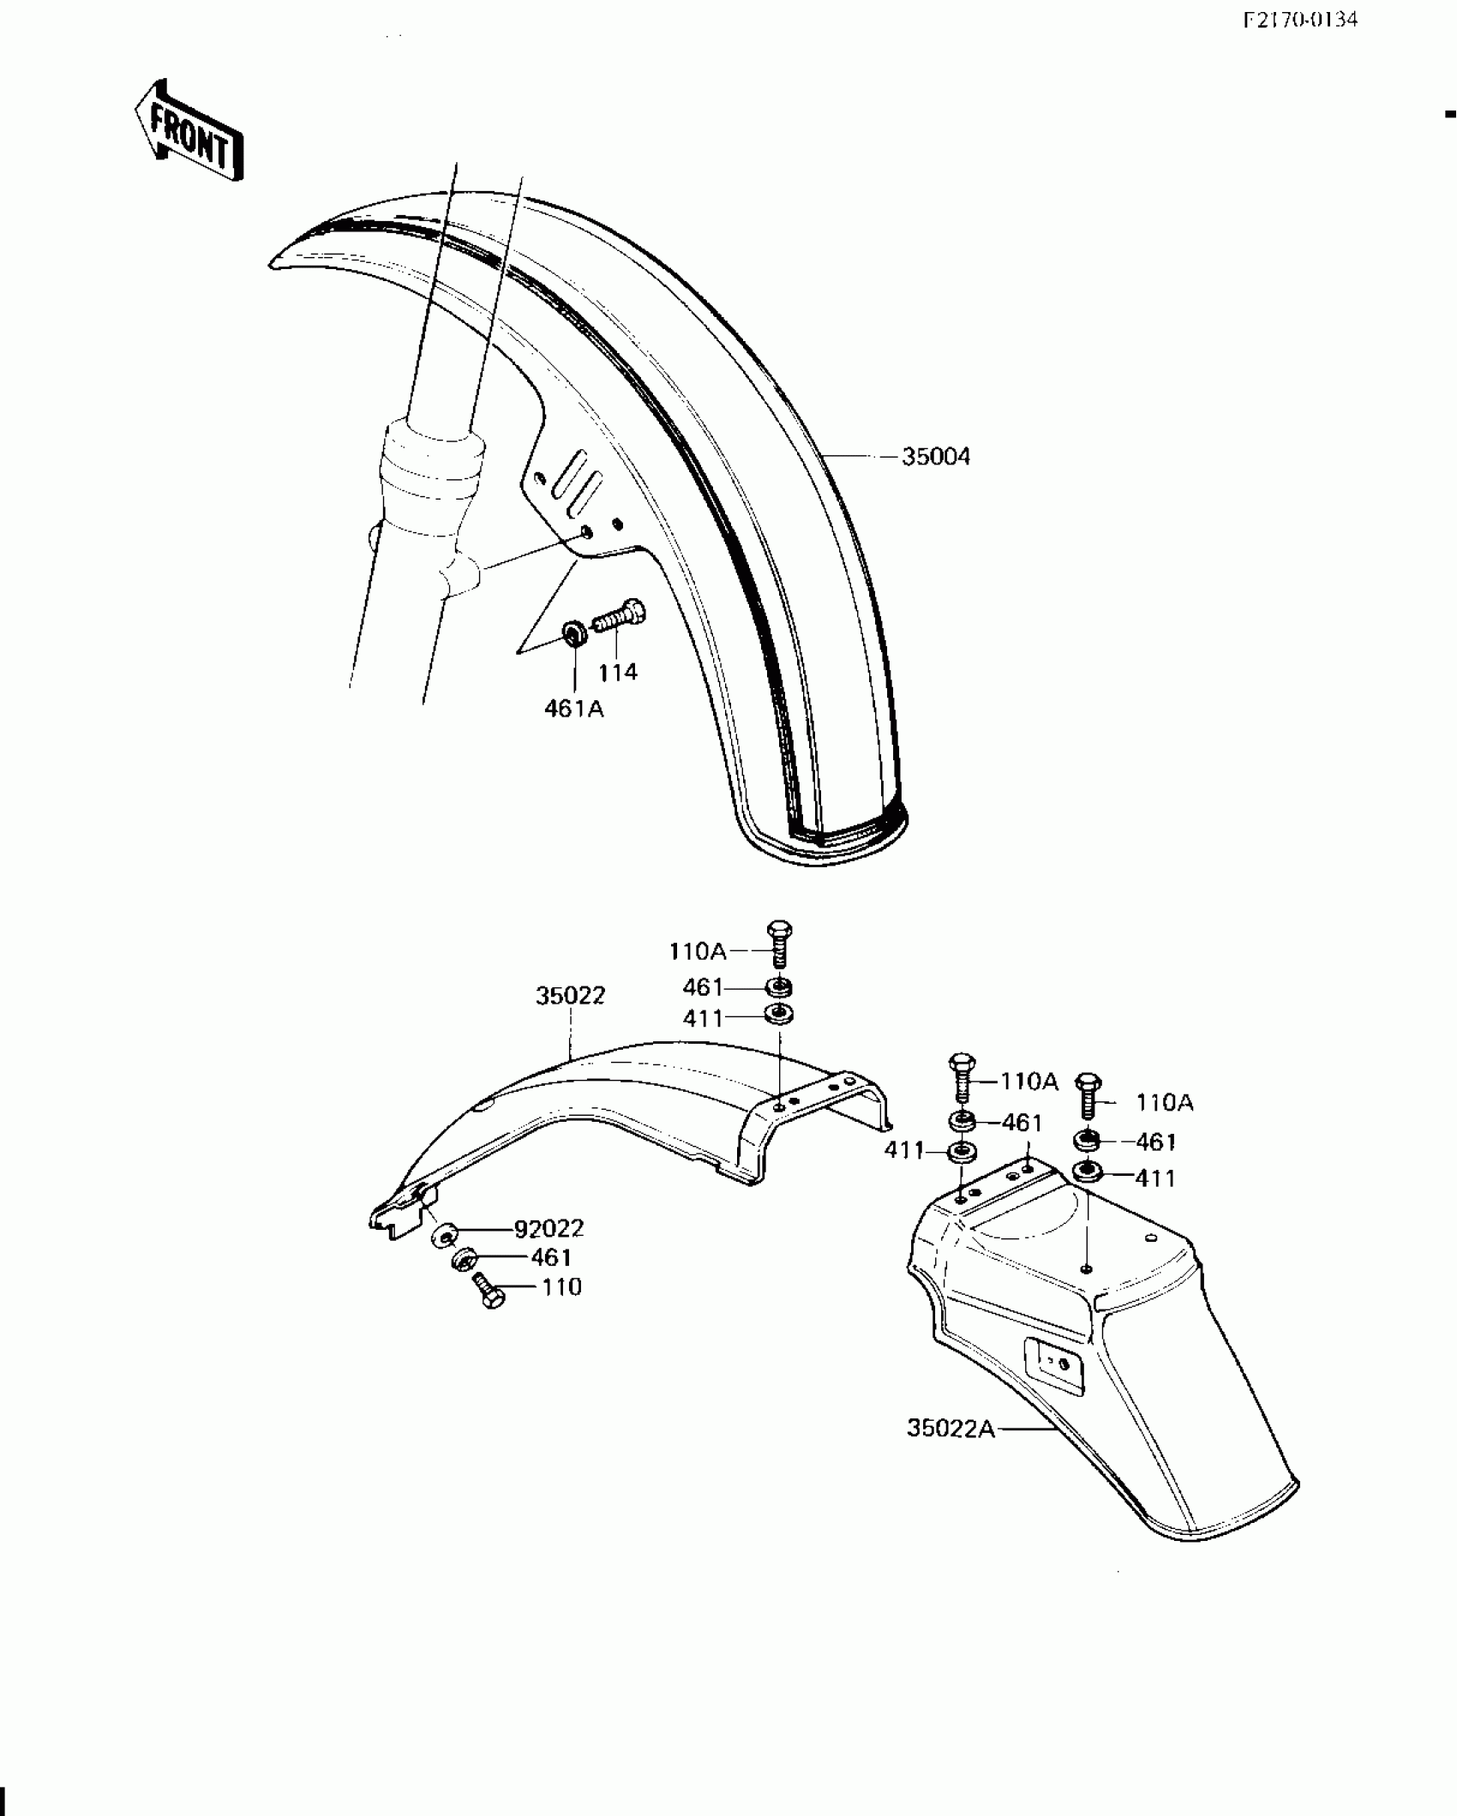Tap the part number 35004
tap(936, 458)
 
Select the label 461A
tap(573, 710)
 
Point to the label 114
tap(618, 673)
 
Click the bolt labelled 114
tap(619, 616)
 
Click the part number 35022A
tap(950, 1429)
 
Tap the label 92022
tap(549, 1229)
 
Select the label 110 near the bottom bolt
tap(561, 1287)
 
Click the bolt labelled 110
tap(489, 1289)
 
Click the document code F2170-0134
tap(1300, 20)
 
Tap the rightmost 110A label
tap(1165, 1103)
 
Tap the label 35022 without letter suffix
tap(570, 996)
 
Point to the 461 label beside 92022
tap(551, 1258)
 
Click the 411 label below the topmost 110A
tap(703, 1019)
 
